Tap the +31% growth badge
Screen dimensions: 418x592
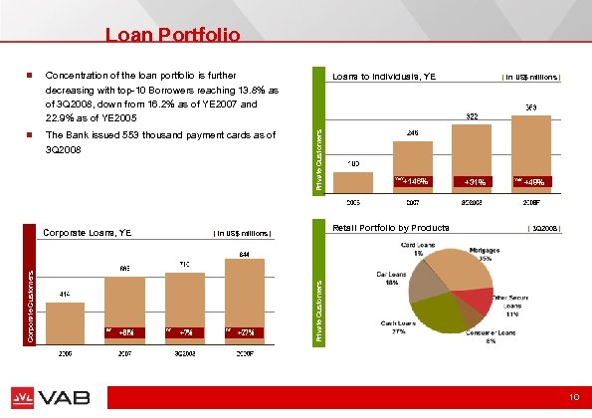pos(473,182)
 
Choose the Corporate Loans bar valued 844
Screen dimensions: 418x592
pos(243,299)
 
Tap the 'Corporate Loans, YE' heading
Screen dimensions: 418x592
pos(88,233)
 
